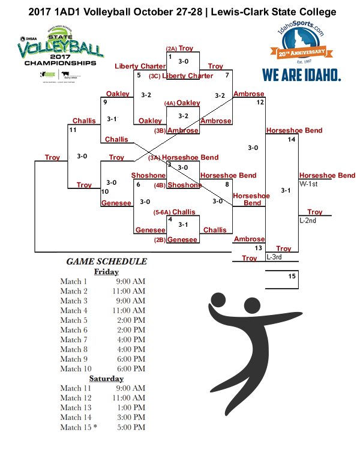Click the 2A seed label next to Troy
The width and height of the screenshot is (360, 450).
point(171,49)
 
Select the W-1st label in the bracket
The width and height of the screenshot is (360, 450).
point(308,184)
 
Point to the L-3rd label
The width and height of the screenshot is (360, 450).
point(274,257)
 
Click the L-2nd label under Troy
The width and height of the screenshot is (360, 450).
point(308,220)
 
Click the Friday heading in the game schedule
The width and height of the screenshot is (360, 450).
point(106,271)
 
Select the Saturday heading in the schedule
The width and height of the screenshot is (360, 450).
point(106,379)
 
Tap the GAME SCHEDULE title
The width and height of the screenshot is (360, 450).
point(106,261)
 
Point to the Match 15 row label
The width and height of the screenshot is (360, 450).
point(78,427)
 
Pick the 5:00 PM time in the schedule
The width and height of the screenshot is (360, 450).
point(131,427)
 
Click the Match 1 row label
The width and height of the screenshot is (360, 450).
point(74,281)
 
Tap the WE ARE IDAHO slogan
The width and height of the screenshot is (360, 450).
point(301,75)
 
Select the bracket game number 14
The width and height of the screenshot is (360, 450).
point(292,139)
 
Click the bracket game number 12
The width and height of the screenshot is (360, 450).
point(260,103)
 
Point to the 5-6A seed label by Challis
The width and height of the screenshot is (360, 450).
point(162,212)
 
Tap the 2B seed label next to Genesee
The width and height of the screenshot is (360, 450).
point(159,240)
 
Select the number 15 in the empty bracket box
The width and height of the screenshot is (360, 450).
point(292,277)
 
